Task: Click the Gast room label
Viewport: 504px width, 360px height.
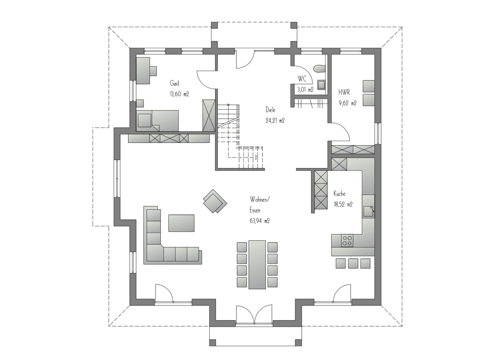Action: [175, 84]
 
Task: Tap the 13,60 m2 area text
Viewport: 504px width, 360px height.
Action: [179, 94]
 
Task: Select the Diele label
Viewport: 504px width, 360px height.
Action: [270, 110]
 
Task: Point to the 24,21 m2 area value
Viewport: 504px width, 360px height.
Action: [275, 121]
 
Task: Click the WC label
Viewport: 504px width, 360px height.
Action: [302, 79]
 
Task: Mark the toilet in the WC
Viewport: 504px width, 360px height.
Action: [319, 69]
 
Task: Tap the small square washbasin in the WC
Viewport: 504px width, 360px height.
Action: [322, 85]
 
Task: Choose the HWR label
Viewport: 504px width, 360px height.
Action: [344, 93]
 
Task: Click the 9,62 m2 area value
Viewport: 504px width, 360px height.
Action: [347, 103]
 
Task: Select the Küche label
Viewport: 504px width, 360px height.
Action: [340, 193]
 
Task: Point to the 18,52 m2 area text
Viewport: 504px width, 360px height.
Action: [343, 204]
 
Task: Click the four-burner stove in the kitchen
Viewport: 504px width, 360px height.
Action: [347, 241]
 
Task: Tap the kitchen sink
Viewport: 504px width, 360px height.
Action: [369, 211]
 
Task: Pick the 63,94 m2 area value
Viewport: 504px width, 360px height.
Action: [259, 221]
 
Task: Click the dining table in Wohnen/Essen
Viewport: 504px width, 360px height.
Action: [257, 264]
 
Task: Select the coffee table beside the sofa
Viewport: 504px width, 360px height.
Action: [181, 223]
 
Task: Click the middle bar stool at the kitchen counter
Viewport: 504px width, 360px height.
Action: [353, 263]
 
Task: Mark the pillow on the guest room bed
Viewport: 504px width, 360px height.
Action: [145, 121]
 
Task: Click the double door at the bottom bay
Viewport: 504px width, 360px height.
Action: [254, 315]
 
